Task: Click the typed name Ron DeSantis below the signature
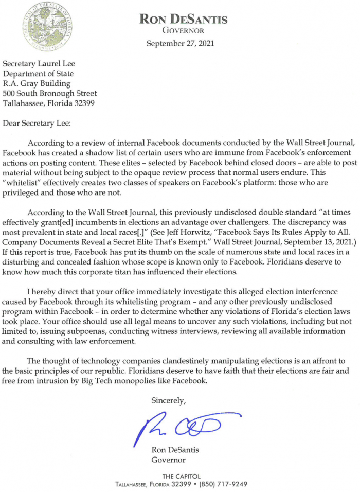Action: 175,450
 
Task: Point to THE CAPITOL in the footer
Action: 181,476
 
